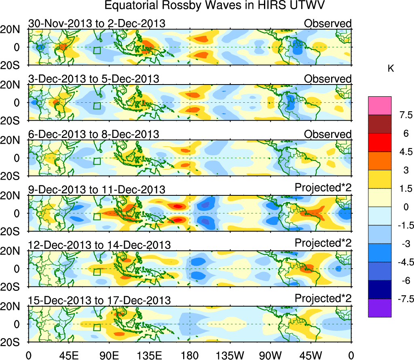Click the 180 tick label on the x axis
pos(189,355)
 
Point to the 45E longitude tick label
pos(68,355)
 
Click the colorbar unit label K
pos(391,69)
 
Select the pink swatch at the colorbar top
pos(380,106)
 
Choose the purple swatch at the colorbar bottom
pos(380,308)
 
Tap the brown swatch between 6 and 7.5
pos(380,124)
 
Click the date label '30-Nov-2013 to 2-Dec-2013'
pos(97,23)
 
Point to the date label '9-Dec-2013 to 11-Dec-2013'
pos(97,189)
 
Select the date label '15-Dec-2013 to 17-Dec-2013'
pos(99,300)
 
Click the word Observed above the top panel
pos(327,23)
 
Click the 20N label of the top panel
pos(13,30)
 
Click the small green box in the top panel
pos(97,51)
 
